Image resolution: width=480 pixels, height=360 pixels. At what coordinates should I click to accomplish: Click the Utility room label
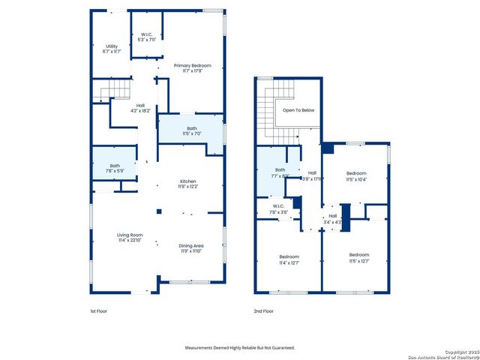click(x=111, y=49)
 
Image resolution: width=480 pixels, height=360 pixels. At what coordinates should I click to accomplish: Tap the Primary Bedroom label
click(x=192, y=68)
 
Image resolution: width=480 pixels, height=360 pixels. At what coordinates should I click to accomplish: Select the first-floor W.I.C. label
click(x=147, y=37)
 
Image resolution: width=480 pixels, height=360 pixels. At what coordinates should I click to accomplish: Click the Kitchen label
click(x=187, y=184)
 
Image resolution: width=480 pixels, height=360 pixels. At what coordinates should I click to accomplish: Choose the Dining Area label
click(x=190, y=248)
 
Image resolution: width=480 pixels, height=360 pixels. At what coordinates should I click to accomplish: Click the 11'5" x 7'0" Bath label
click(x=192, y=130)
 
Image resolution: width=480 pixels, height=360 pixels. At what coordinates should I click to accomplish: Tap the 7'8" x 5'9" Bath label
click(x=115, y=169)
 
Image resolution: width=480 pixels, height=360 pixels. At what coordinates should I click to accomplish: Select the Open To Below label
click(x=298, y=110)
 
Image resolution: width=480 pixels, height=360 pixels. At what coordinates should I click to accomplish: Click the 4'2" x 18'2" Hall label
click(x=140, y=108)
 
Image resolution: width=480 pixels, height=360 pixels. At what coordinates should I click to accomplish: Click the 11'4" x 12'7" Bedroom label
click(x=289, y=259)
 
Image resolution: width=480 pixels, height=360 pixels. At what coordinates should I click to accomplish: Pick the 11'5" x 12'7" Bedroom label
click(x=358, y=257)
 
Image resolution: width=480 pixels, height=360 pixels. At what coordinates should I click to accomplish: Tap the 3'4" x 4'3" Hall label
click(x=333, y=219)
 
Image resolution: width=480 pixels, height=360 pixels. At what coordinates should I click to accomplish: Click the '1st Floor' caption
click(x=98, y=310)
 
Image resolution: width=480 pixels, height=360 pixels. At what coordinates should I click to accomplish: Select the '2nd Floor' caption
click(x=264, y=310)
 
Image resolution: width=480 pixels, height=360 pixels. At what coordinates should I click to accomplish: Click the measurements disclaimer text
click(x=240, y=347)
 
